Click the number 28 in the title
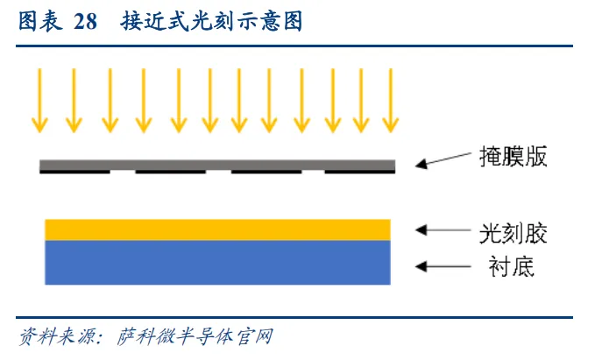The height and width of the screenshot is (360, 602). (x=85, y=22)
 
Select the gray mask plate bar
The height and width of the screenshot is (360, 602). (x=217, y=164)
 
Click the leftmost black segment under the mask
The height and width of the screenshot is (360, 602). (x=74, y=172)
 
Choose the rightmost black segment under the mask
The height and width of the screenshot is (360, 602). (x=358, y=172)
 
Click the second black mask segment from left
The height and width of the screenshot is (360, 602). (x=169, y=172)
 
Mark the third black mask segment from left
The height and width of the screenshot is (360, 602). (x=266, y=172)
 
